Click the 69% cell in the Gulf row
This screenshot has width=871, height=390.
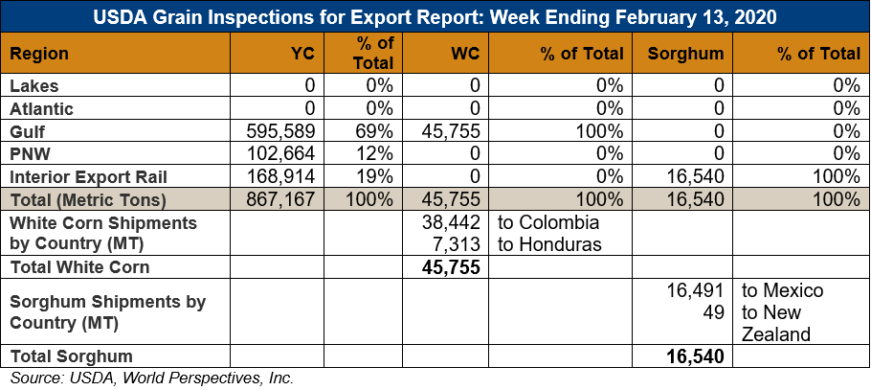coord(376,130)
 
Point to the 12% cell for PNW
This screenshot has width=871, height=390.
coord(376,153)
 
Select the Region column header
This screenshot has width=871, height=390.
coord(39,54)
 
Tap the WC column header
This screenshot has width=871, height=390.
coord(465,54)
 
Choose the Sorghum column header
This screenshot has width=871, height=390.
coord(685,54)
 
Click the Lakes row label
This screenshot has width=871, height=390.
coord(34,85)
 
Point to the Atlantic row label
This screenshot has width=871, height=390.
coord(42,108)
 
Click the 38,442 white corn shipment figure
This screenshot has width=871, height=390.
coord(451,222)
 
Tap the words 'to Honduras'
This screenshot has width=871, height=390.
coord(549,243)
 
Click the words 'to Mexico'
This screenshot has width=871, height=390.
coord(782,290)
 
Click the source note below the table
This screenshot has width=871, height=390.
coord(151,379)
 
